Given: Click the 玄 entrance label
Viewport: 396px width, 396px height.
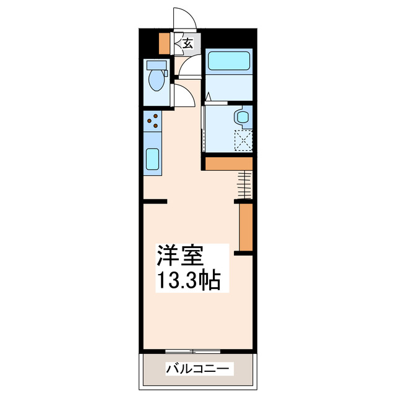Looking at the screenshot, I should [187, 43].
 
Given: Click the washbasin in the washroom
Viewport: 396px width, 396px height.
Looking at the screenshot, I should [242, 117].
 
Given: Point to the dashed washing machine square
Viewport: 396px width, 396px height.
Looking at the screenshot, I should [244, 140].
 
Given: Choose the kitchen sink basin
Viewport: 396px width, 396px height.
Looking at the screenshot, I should [152, 160].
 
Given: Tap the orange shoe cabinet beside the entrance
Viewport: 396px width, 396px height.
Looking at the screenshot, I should [165, 43].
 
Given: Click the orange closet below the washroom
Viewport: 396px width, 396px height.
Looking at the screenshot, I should [228, 163].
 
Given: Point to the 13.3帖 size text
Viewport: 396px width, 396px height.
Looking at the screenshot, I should [188, 281].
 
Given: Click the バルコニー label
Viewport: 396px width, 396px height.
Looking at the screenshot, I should [199, 369].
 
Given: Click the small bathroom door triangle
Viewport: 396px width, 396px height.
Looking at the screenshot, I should [209, 97].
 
